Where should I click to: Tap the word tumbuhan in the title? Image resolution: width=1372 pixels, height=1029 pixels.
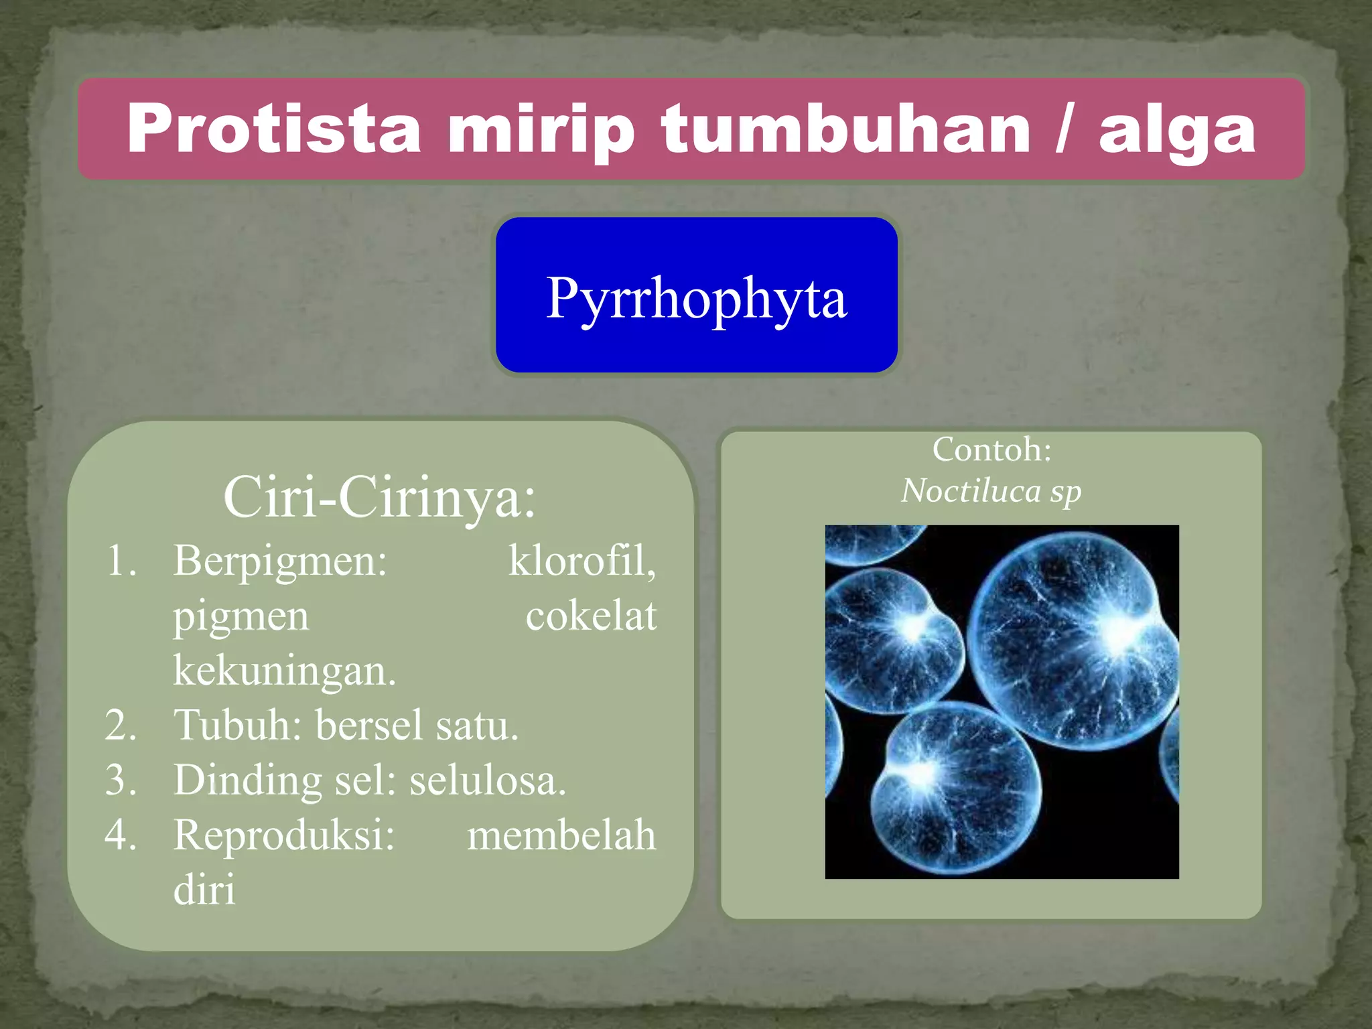(845, 129)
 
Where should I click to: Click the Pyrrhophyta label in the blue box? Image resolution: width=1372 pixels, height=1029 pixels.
(696, 298)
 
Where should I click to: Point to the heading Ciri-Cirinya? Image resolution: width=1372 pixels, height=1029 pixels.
(380, 497)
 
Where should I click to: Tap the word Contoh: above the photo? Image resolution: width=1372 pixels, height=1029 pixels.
(991, 450)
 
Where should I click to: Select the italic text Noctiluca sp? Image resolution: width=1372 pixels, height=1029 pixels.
(991, 491)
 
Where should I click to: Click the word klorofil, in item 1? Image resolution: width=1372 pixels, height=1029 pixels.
(581, 560)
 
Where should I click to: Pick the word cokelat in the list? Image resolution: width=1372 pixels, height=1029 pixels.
(590, 616)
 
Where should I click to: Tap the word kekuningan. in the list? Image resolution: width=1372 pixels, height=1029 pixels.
(285, 670)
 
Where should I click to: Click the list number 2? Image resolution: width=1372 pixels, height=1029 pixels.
(121, 726)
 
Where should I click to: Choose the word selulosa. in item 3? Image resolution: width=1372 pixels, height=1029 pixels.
(488, 780)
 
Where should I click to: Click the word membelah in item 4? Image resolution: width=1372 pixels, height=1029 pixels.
(561, 835)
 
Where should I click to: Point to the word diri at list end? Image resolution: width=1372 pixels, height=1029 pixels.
(204, 890)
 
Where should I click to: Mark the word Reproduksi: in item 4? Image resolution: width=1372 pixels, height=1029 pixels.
(284, 835)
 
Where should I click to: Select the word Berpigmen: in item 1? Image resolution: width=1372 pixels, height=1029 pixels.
(280, 560)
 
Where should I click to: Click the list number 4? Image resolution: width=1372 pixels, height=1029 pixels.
(121, 835)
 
